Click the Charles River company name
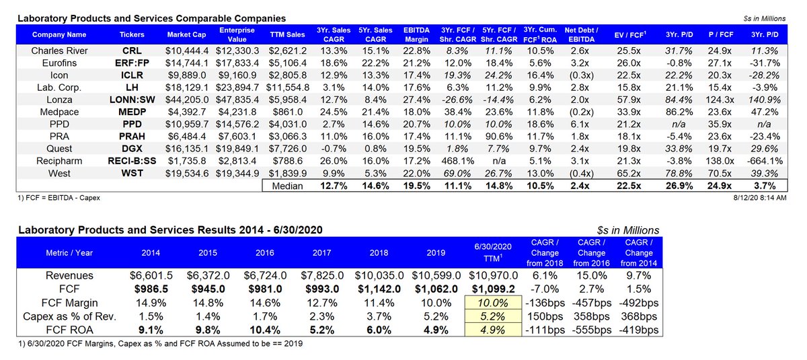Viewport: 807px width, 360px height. click(59, 50)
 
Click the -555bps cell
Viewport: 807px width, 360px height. click(592, 330)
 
